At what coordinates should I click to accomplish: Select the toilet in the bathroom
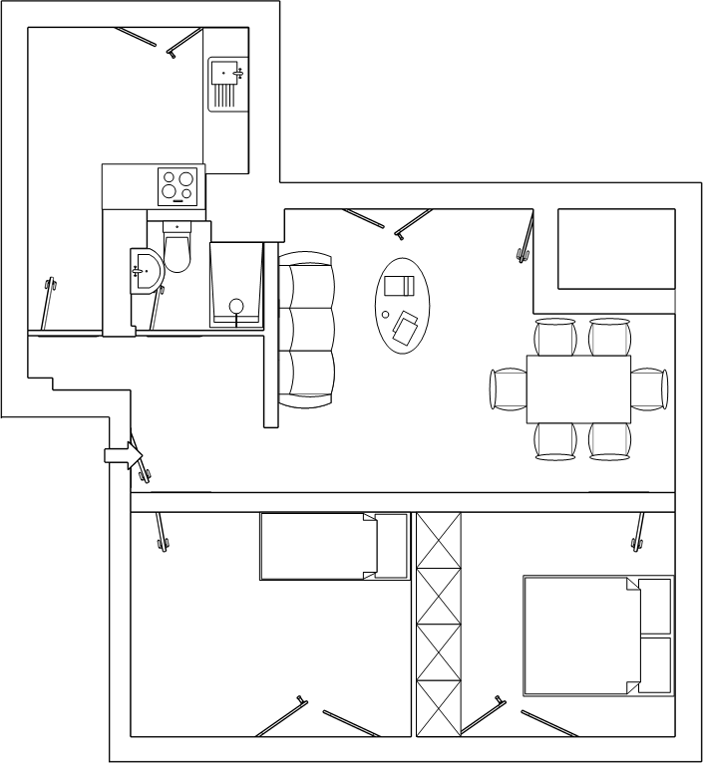pos(176,248)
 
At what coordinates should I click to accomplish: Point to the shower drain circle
pos(236,306)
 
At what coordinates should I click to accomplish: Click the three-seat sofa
pos(306,329)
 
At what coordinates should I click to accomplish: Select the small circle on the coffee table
pos(386,316)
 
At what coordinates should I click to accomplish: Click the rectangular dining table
pos(578,388)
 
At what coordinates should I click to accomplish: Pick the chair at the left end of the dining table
pos(508,388)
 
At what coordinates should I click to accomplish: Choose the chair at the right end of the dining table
pos(648,388)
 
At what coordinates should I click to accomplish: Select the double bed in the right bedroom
pos(596,635)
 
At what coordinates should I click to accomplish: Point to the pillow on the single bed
pos(392,546)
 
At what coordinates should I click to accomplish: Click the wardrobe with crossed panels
pos(440,625)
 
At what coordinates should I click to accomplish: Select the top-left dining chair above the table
pos(555,337)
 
